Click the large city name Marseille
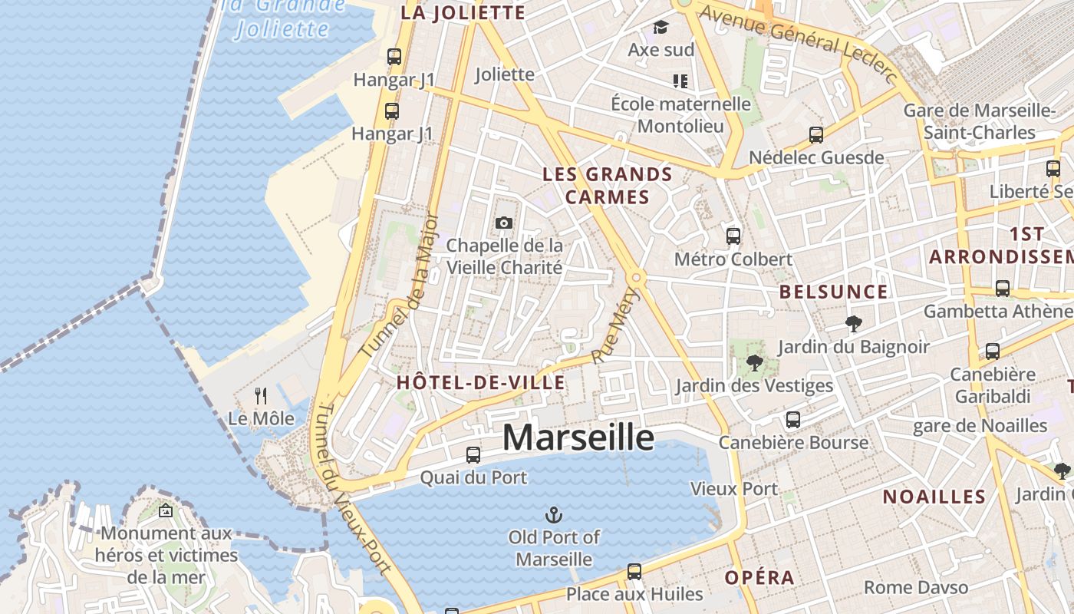578,437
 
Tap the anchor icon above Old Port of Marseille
553,514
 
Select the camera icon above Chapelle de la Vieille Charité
504,223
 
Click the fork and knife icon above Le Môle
261,396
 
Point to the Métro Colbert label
733,259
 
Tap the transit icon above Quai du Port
473,454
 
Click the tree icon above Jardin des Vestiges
754,363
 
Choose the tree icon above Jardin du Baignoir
853,324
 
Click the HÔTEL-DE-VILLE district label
481,382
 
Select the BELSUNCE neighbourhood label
833,292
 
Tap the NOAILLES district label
934,497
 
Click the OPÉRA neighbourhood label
759,578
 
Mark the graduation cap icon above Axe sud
661,28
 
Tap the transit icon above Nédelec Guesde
816,135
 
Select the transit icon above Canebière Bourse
793,420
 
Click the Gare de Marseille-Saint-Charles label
979,120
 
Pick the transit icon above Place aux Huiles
634,571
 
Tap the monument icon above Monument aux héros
165,510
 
